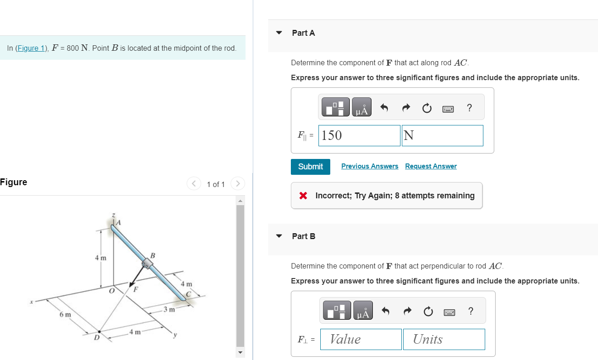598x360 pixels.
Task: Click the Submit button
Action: tap(310, 167)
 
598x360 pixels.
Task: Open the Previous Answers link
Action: tap(370, 166)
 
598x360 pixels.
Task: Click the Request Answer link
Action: tap(431, 166)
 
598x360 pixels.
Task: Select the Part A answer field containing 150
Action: tap(359, 135)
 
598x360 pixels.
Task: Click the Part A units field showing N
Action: tap(442, 135)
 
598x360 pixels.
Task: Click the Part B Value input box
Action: tap(361, 339)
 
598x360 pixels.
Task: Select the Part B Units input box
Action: tap(444, 339)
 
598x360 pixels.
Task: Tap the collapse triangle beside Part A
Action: tap(279, 33)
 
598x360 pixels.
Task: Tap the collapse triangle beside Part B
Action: tap(279, 236)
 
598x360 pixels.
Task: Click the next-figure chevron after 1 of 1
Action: tap(237, 184)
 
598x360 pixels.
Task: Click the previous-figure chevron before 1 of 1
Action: tap(193, 184)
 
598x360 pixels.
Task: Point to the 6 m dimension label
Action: tap(65, 314)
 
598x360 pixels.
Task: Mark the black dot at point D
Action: tap(100, 331)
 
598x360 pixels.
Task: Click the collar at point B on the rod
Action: tap(147, 264)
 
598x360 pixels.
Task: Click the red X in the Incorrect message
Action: tap(303, 196)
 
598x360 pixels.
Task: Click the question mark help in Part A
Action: tap(469, 108)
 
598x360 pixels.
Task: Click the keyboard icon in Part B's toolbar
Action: tap(449, 312)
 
